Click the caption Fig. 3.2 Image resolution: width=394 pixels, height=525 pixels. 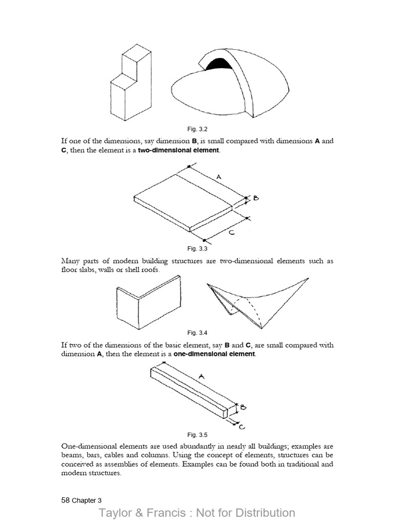(x=197, y=129)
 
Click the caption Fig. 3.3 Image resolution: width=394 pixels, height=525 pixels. (x=197, y=249)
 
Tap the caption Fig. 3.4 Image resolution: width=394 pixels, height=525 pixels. (x=197, y=333)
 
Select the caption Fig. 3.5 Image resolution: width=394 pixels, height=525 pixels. (x=197, y=434)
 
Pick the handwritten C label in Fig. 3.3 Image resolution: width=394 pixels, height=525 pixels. (x=231, y=232)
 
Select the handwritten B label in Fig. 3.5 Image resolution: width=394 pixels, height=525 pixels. (x=244, y=408)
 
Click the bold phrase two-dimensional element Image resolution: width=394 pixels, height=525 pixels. (x=179, y=151)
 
